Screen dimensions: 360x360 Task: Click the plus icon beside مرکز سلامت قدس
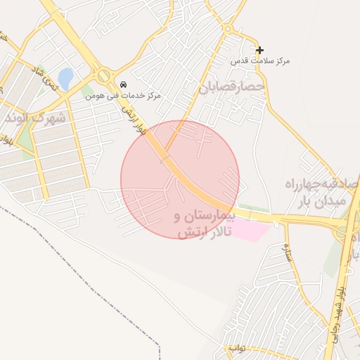tap(260, 50)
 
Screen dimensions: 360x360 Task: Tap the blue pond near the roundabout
tap(65, 79)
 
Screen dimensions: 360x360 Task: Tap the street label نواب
tap(236, 348)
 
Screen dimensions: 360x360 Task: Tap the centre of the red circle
tap(180, 179)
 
